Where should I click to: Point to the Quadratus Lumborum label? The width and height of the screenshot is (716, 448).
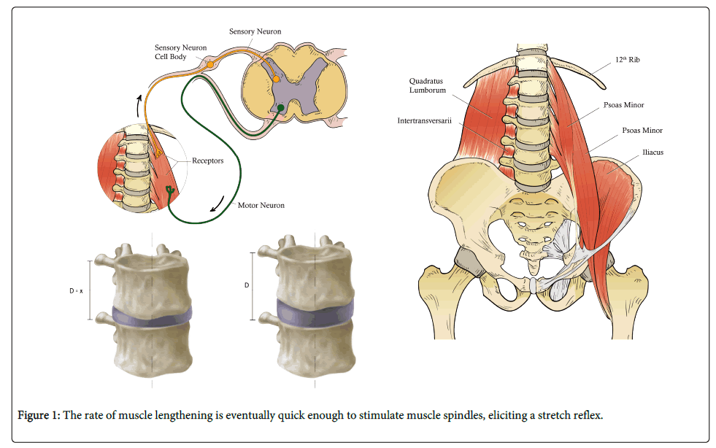tap(426, 86)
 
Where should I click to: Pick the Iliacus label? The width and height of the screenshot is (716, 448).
tap(633, 152)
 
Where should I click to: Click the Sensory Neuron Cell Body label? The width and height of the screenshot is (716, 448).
tap(180, 52)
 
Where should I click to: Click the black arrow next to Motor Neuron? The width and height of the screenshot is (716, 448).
tap(218, 203)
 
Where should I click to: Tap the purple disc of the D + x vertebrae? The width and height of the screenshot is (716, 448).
tap(151, 315)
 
